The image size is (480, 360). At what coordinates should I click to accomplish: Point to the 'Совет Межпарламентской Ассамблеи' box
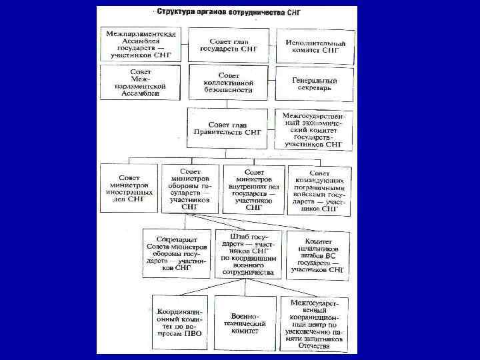click(x=141, y=83)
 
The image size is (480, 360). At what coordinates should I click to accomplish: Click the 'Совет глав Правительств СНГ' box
click(x=227, y=128)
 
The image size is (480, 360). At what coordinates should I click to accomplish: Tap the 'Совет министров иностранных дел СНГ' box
click(x=129, y=189)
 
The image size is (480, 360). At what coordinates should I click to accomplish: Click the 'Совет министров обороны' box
click(x=190, y=189)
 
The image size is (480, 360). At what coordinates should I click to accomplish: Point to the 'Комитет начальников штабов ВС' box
click(x=318, y=255)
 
